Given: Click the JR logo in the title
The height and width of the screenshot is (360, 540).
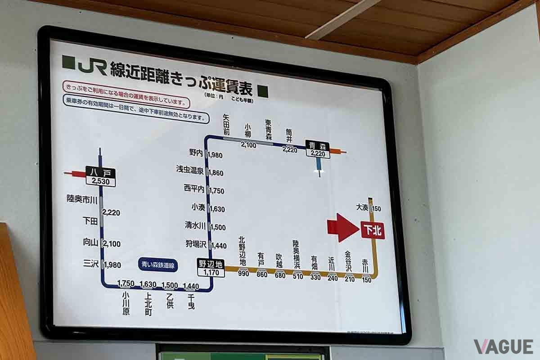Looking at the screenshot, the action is tap(92, 66).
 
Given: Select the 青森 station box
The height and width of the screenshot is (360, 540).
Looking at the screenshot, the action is tap(318, 145).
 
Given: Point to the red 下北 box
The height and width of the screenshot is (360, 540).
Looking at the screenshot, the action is tap(373, 230).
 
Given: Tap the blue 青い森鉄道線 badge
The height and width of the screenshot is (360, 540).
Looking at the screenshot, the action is tap(157, 265).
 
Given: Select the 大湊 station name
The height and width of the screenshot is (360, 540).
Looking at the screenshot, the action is tap(362, 207).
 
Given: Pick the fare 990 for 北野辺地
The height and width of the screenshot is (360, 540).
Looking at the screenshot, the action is tap(243, 274).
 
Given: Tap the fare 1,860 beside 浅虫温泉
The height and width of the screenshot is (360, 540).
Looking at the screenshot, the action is tap(216, 173).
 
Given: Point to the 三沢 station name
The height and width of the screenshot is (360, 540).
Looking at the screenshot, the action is tap(91, 264).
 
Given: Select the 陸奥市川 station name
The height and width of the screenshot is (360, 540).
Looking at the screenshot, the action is tap(82, 198).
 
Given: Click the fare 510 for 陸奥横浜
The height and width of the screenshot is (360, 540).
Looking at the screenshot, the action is tap(298, 276).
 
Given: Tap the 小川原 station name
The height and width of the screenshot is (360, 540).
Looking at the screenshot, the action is tap(126, 303).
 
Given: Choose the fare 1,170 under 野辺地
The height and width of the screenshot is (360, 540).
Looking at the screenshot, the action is tap(211, 273).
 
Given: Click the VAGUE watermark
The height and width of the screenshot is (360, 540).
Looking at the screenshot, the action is tap(503, 346).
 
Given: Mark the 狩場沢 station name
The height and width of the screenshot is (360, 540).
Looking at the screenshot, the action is tap(195, 244).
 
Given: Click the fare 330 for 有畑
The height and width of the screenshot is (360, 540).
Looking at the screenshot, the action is tap(315, 277).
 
